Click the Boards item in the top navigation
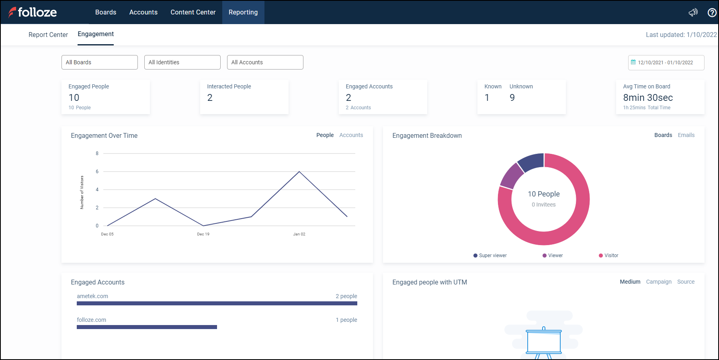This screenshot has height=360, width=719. coord(106,12)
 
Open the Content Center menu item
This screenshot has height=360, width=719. coord(193,12)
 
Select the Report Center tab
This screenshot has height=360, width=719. coord(48,35)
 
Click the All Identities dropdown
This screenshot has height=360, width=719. coord(182,62)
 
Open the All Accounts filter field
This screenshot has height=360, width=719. coord(265,62)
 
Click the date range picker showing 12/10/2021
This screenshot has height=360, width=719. coord(666,63)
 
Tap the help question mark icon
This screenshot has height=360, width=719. coord(712,12)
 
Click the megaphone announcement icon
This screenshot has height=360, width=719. coord(693,12)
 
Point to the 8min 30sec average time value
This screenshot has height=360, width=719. coord(647,98)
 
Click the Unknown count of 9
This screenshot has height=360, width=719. coord(512,98)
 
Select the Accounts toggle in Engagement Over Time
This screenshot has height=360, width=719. coord(351,135)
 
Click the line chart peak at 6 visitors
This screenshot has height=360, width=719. coord(299,172)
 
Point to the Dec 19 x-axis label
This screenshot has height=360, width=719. coord(203,234)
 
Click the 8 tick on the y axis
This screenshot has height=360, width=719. coord(97,153)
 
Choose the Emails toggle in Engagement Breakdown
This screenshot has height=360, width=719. coord(686,135)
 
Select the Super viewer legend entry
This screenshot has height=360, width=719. coord(490,256)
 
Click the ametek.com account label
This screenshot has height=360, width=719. coord(92,296)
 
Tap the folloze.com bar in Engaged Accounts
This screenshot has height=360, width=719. coord(147,327)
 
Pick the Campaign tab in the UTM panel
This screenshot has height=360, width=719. coord(659,282)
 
